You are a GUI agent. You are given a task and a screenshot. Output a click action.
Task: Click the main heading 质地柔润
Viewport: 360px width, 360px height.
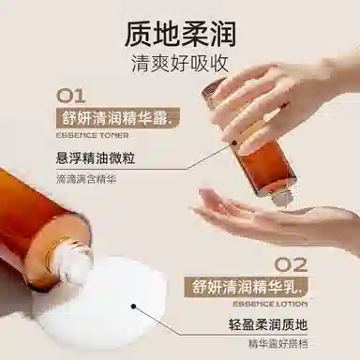pos(180,34)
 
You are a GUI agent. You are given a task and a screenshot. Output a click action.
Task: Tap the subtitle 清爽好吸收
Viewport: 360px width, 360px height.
pos(180,64)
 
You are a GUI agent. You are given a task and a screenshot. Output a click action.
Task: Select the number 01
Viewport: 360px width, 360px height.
pos(70,96)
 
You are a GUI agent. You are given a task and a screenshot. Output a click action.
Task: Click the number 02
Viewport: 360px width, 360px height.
pos(291,265)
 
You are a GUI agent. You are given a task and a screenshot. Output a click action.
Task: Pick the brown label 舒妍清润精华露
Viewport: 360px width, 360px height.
pos(118,119)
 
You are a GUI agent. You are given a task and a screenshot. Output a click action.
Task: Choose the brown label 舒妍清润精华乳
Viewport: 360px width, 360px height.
pos(246,287)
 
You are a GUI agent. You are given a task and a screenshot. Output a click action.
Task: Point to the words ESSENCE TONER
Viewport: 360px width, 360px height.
pos(93,135)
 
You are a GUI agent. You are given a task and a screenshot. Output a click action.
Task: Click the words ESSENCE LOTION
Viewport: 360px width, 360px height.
pos(270,304)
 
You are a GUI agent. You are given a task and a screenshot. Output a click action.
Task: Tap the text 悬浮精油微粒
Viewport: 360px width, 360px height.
pos(96,157)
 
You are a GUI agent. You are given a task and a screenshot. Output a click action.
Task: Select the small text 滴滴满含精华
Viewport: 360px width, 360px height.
pos(86,179)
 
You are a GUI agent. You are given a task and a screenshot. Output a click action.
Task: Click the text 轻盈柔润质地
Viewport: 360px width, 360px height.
pos(268,325)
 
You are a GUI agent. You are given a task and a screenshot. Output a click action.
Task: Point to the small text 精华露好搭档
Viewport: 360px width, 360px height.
pos(277,343)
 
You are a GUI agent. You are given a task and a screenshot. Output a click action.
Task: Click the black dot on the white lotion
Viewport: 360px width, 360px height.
pos(134,307)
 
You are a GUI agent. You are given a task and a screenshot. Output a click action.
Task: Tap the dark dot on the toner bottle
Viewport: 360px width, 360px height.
pos(234,142)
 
